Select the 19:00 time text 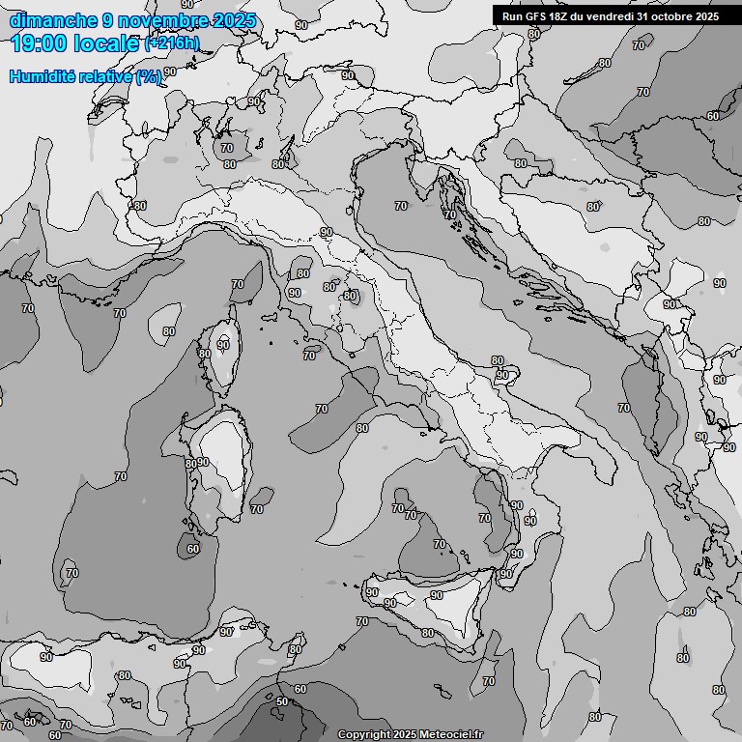click(39, 43)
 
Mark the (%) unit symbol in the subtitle click(148, 76)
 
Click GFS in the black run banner click(536, 16)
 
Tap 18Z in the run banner click(560, 16)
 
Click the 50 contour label click(281, 701)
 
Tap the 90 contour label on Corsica click(223, 345)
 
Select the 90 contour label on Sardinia click(203, 462)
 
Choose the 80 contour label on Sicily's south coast click(427, 633)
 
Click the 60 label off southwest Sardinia click(193, 549)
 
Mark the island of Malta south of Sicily click(442, 692)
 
